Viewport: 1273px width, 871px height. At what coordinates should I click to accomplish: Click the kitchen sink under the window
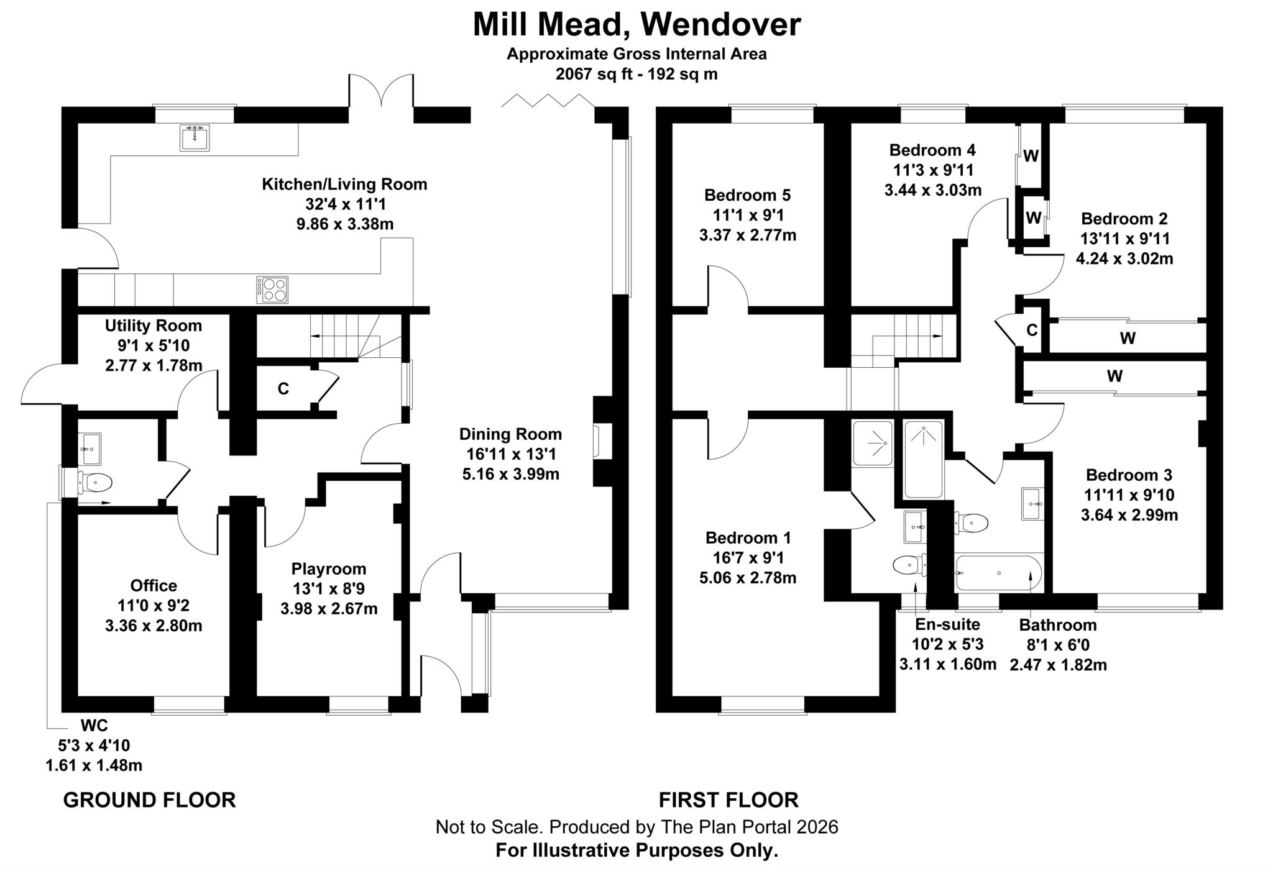pos(195,137)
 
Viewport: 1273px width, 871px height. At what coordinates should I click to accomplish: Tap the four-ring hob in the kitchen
pos(272,290)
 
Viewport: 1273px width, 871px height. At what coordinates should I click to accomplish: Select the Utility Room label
pos(154,326)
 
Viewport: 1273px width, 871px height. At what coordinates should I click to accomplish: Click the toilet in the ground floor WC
pos(95,482)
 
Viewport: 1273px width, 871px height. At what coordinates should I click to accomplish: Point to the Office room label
pos(154,585)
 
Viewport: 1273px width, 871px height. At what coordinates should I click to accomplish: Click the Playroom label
pos(329,568)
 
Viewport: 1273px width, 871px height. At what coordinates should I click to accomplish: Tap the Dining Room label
pos(510,434)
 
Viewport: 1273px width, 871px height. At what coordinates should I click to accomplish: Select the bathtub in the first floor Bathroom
pos(998,572)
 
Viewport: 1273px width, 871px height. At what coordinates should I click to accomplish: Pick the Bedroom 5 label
pos(747,195)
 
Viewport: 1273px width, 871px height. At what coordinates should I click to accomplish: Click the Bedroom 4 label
pos(932,150)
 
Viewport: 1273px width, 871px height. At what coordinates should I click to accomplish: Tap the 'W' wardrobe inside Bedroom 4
pos(1031,156)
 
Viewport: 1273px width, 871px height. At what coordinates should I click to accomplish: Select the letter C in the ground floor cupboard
pos(283,389)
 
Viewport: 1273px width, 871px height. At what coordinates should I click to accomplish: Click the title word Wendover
pos(720,24)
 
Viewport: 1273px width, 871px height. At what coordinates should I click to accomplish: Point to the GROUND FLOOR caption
pos(150,800)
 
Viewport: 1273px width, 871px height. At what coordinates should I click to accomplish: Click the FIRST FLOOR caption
pos(728,800)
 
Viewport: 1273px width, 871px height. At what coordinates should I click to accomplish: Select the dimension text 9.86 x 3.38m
pos(345,224)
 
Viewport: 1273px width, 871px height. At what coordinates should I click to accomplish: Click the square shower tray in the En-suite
pos(873,444)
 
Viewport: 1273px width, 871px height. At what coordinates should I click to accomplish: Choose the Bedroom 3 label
pos(1129,475)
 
